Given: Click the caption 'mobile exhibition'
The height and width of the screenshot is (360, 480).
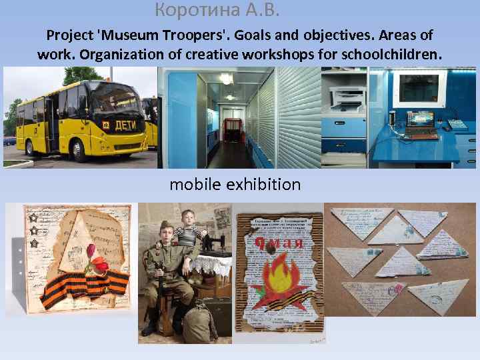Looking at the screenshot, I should (235, 184).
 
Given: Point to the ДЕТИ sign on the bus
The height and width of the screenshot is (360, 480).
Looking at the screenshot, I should (125, 125).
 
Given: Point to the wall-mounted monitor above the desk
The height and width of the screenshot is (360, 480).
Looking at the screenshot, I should (418, 87).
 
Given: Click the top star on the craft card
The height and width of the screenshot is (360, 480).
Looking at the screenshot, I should (32, 217).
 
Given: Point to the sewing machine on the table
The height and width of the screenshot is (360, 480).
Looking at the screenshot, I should (213, 244).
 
